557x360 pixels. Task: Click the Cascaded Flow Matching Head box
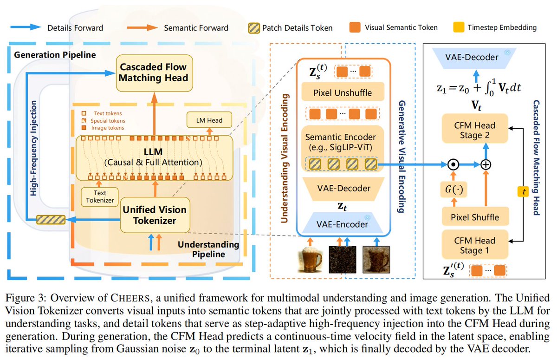(155, 73)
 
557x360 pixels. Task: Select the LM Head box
(209, 120)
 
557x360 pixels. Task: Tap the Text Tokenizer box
(100, 197)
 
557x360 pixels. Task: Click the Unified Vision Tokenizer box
(155, 215)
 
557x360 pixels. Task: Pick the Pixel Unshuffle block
(343, 92)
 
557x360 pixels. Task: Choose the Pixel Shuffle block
(475, 217)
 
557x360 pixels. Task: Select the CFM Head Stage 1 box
(475, 245)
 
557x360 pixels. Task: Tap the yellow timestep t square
(523, 191)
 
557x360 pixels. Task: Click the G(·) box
(453, 190)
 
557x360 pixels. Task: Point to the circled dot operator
(453, 164)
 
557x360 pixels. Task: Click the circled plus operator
(486, 164)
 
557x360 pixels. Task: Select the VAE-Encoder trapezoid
(343, 223)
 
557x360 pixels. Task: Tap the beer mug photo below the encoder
(310, 260)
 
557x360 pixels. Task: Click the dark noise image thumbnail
(343, 260)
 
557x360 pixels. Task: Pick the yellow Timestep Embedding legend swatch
(459, 27)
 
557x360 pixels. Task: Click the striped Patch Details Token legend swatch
(254, 28)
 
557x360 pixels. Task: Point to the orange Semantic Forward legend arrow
(142, 27)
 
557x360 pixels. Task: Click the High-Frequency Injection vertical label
(33, 148)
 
